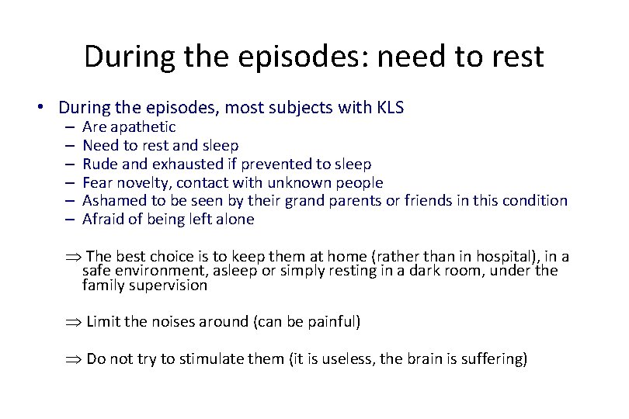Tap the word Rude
[99, 164]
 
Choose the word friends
[446, 201]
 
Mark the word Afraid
[102, 220]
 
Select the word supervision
[169, 285]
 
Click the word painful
[328, 321]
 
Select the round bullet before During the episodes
[48, 108]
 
